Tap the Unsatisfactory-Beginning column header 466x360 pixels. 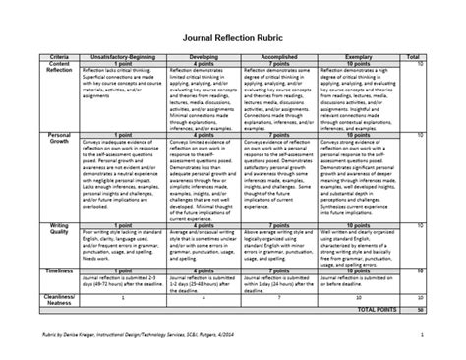pos(122,59)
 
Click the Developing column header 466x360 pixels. pos(205,59)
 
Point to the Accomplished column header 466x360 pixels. pos(283,59)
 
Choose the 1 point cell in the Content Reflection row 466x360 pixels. pos(122,65)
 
